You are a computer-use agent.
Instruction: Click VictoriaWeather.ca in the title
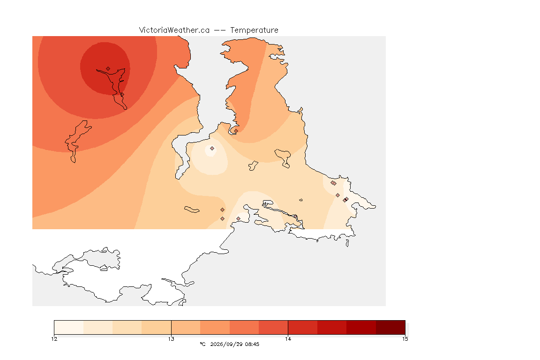(174, 30)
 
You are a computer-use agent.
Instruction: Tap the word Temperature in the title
(254, 30)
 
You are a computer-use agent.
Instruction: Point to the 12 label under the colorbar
(54, 339)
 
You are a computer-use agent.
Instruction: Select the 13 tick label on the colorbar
(171, 339)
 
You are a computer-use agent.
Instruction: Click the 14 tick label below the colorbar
(288, 339)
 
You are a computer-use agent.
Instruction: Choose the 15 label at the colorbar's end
(405, 339)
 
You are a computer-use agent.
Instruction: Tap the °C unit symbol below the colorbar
(202, 344)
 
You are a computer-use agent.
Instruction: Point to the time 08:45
(252, 344)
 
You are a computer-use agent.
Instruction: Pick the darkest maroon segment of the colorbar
(390, 327)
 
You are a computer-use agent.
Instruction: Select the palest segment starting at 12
(69, 327)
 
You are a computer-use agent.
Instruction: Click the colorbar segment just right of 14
(303, 327)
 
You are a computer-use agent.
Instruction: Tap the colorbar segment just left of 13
(157, 327)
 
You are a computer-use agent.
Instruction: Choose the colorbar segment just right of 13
(186, 327)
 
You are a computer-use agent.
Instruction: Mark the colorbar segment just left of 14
(273, 327)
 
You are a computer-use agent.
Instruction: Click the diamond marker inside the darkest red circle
(108, 69)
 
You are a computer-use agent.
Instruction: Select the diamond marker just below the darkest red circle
(122, 95)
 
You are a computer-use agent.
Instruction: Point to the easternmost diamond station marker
(347, 199)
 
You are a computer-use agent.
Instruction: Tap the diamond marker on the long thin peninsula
(295, 217)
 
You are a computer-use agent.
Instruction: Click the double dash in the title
(220, 30)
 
